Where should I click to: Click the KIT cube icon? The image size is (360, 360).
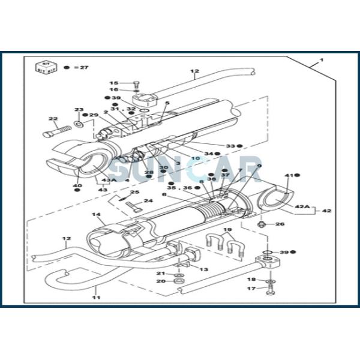(43, 66)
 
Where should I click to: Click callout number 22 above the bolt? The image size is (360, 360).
(53, 119)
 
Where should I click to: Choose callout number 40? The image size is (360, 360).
(77, 185)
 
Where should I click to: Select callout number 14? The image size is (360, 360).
(95, 215)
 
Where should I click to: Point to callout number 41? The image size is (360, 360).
(289, 175)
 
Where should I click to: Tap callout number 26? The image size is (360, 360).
(280, 224)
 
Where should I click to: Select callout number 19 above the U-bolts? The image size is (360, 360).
(227, 230)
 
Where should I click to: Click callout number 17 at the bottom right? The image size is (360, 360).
(252, 289)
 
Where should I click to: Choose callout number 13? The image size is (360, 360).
(203, 269)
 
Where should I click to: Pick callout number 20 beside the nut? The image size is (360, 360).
(161, 281)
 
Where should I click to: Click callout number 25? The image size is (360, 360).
(135, 192)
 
